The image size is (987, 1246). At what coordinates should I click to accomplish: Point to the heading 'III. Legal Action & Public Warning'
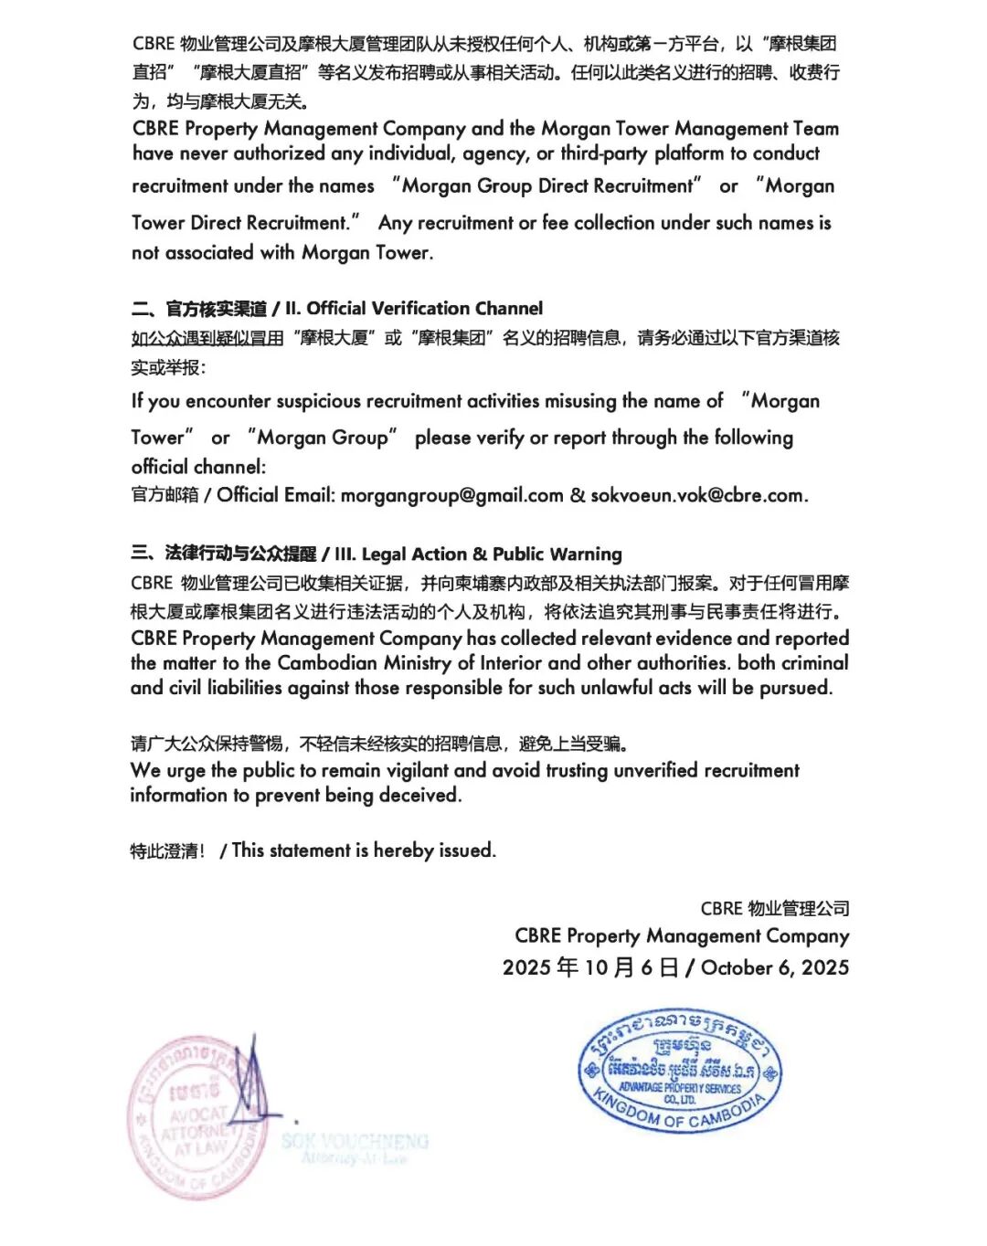[478, 554]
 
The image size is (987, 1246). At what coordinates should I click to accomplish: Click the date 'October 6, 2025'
[775, 968]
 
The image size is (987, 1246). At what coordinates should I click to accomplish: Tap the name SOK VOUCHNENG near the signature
[355, 1141]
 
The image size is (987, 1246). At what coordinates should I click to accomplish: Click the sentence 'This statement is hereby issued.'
[364, 850]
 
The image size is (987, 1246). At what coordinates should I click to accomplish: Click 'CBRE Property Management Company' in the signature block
[682, 936]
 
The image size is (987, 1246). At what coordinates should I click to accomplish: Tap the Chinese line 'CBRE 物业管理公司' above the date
[775, 909]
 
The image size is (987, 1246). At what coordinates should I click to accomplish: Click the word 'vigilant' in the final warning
[410, 771]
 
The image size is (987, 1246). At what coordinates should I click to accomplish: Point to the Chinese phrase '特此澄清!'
[167, 851]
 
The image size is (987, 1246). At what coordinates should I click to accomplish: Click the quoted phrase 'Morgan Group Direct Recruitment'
[547, 186]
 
